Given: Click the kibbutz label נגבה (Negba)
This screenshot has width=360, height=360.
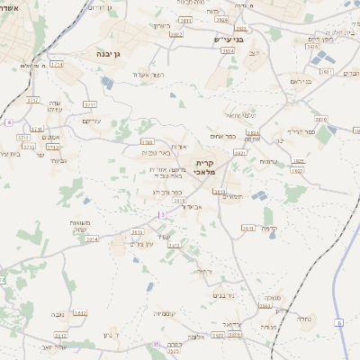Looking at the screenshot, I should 58,314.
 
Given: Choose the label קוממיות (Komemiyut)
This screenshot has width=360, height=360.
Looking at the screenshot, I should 164,314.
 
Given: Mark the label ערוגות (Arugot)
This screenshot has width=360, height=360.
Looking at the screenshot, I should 269,161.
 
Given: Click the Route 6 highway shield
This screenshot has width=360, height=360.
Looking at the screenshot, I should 339,321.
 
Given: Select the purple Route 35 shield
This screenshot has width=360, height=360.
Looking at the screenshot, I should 156,344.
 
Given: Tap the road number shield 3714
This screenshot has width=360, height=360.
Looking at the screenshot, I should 57,65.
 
